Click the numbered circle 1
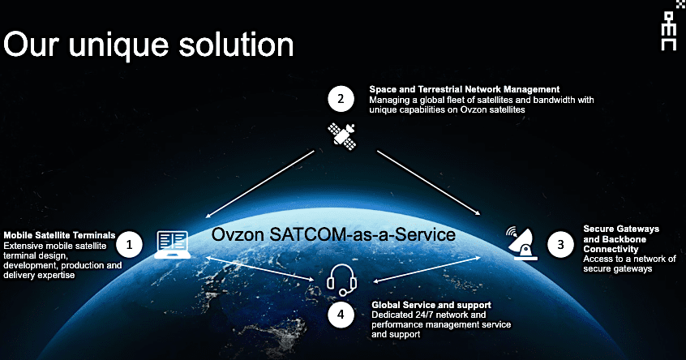click(x=129, y=242)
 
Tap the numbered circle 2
click(x=341, y=100)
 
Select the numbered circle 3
click(x=559, y=242)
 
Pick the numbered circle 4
click(x=341, y=315)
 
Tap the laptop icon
click(x=171, y=244)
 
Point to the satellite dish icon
click(x=523, y=242)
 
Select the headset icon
click(x=341, y=281)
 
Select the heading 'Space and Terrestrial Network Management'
click(x=465, y=89)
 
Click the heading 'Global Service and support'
click(x=421, y=304)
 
